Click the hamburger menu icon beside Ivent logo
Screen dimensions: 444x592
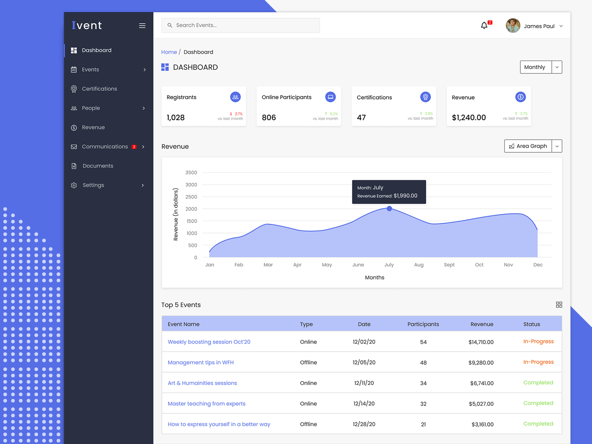[142, 26]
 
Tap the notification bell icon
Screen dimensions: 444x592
[484, 26]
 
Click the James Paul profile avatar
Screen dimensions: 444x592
[513, 26]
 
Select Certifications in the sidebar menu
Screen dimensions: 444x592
[99, 89]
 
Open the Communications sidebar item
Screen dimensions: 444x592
[105, 147]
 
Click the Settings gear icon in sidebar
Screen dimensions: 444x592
[74, 185]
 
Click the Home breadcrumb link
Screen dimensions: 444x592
[169, 52]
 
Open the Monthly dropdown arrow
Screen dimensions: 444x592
[557, 67]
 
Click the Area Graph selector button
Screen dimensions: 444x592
[528, 146]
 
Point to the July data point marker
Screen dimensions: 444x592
[389, 209]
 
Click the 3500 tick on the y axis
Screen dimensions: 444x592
[191, 173]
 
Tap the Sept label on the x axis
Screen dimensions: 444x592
[449, 265]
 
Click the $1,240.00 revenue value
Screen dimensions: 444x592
[469, 118]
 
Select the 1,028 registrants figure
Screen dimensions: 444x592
[175, 118]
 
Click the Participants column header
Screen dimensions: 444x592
[423, 324]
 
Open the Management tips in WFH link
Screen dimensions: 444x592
[201, 363]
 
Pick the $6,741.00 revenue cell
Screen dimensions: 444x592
[482, 383]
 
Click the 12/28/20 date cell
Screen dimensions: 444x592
[364, 424]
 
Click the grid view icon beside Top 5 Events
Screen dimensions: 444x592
[559, 305]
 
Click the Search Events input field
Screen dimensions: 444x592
[244, 25]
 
